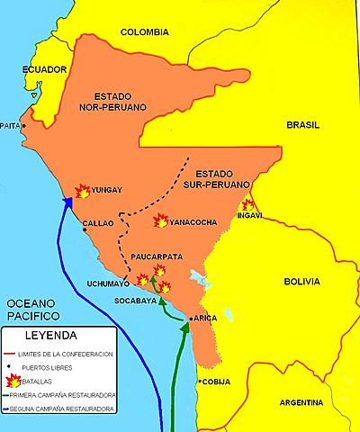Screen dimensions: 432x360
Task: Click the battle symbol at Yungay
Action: click(x=81, y=191)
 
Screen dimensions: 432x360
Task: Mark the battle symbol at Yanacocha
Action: click(x=160, y=220)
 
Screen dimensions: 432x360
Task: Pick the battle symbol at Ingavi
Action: click(x=248, y=204)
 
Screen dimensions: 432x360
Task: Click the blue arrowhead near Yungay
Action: click(x=67, y=204)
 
